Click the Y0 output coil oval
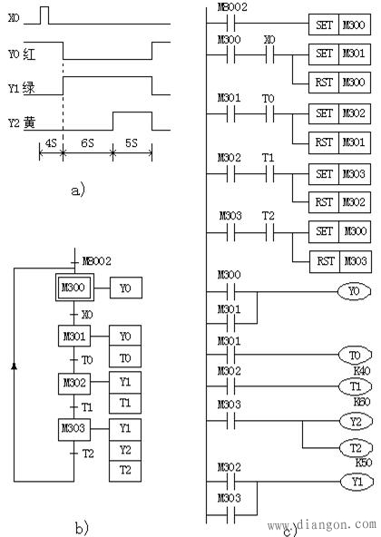(x=355, y=292)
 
